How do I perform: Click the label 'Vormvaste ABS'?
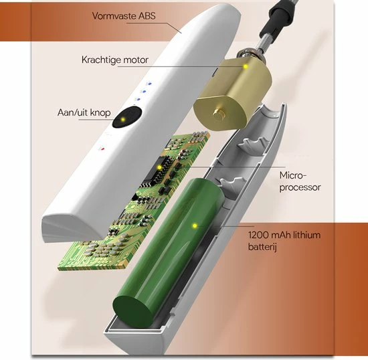click(x=124, y=16)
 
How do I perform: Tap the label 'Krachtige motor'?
click(x=115, y=60)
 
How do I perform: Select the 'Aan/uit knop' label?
click(x=84, y=112)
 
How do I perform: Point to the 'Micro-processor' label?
click(x=300, y=181)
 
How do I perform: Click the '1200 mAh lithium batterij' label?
click(x=284, y=241)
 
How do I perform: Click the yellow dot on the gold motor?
click(x=246, y=66)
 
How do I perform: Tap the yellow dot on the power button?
click(x=122, y=120)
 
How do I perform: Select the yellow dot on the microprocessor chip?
click(x=160, y=167)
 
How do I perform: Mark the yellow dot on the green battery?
click(x=195, y=226)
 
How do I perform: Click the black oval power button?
click(x=127, y=117)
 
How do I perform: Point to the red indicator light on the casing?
click(x=102, y=149)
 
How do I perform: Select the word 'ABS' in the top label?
click(x=147, y=16)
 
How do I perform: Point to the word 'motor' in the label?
click(x=136, y=60)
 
